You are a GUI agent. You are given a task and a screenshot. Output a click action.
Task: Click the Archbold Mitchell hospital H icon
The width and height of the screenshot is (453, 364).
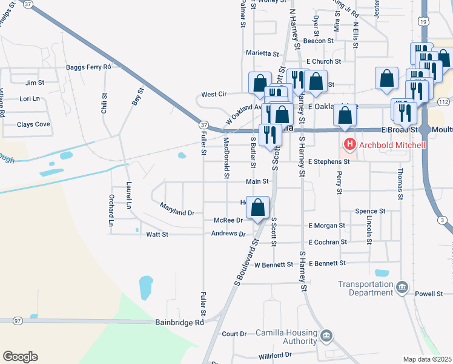(349, 145)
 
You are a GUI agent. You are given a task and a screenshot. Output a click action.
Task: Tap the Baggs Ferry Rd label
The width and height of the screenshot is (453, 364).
(89, 66)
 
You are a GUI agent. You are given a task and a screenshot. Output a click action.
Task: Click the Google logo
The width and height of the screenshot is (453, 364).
(20, 357)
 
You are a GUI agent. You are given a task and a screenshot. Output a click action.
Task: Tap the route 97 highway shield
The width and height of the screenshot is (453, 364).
(17, 320)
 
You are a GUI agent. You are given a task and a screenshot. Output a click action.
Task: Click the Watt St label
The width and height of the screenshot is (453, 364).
(156, 234)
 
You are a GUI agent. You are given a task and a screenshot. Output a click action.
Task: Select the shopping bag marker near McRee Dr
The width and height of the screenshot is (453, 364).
(258, 207)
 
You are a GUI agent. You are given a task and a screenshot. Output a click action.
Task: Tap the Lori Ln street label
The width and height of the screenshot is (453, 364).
(30, 98)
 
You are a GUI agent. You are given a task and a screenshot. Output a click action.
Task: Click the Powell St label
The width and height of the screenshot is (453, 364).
(429, 294)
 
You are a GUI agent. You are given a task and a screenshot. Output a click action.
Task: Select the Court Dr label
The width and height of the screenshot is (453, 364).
(234, 334)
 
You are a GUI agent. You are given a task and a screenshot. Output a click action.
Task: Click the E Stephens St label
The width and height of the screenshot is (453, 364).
(329, 162)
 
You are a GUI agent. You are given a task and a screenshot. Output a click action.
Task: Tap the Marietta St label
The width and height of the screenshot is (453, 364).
(262, 53)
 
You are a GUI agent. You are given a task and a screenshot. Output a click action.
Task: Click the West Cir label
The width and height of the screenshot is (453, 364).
(214, 95)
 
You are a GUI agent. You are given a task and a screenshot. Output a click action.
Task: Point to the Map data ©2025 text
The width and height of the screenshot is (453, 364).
(428, 359)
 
